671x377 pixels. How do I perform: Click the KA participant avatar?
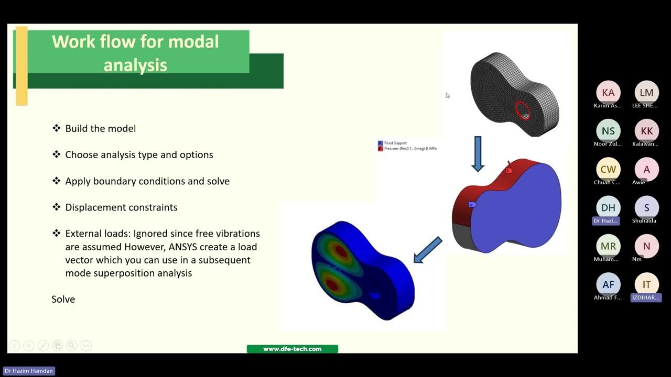[608, 93]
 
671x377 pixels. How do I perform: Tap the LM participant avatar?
[646, 93]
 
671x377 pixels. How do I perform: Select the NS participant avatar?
[608, 131]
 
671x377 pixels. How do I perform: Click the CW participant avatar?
[608, 169]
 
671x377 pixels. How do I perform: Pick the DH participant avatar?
[608, 208]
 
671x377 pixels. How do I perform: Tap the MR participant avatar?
[608, 246]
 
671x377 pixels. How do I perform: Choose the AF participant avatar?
[608, 284]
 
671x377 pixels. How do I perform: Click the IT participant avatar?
[646, 284]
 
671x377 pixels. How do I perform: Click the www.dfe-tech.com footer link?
[292, 349]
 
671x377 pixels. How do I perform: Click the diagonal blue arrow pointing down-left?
[428, 250]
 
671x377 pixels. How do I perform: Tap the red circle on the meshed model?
[523, 110]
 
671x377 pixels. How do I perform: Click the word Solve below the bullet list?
[63, 300]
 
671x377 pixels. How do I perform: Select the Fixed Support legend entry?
[396, 143]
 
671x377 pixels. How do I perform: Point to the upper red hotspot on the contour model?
[341, 251]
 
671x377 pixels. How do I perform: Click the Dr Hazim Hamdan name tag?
[29, 371]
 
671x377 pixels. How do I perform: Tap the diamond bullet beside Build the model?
[57, 128]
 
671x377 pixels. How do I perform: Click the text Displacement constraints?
[121, 207]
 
